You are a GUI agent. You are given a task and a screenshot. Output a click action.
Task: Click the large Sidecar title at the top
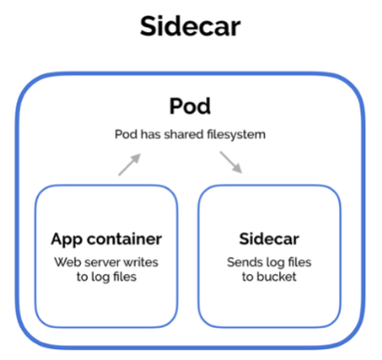tap(191, 26)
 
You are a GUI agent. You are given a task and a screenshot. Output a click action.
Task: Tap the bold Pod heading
tap(191, 106)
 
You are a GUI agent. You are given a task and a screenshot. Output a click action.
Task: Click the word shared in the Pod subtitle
tap(181, 134)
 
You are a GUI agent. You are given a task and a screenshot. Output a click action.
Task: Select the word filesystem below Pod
tap(233, 135)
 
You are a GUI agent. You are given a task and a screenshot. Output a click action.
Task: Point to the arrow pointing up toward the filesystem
tap(129, 164)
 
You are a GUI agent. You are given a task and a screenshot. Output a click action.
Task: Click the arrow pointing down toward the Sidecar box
tap(231, 162)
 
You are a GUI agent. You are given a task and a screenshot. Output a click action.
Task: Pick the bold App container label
tap(106, 240)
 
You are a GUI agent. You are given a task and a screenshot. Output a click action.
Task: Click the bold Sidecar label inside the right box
tap(269, 239)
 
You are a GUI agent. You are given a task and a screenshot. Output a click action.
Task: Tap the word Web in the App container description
tap(65, 262)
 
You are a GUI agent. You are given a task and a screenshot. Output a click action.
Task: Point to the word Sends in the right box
tap(240, 262)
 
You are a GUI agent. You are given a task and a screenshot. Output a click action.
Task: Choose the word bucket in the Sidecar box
tap(276, 277)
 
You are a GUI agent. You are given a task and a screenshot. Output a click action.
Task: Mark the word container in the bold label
tap(124, 239)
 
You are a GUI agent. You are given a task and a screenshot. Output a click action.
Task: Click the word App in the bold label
tap(67, 240)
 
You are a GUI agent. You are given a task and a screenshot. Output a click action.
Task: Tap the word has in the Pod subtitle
tap(151, 134)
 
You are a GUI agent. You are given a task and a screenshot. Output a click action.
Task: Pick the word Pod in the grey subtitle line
tap(126, 134)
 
